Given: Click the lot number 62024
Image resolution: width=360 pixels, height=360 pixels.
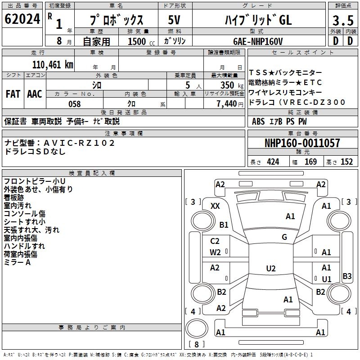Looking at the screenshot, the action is pyautogui.click(x=23, y=19).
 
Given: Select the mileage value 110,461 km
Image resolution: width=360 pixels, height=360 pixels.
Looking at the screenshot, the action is pyautogui.click(x=53, y=64).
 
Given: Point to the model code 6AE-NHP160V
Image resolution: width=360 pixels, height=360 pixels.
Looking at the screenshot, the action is pyautogui.click(x=258, y=41).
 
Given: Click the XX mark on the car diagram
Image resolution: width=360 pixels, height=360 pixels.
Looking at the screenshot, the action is pyautogui.click(x=215, y=206).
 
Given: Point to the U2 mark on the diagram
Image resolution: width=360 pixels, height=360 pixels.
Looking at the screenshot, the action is pyautogui.click(x=270, y=269).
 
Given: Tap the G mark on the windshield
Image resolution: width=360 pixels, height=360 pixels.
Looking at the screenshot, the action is pyautogui.click(x=284, y=237).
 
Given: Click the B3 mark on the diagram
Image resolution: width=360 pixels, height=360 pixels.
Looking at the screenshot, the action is pyautogui.click(x=347, y=276).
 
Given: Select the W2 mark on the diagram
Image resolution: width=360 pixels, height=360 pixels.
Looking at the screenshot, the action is pyautogui.click(x=215, y=252).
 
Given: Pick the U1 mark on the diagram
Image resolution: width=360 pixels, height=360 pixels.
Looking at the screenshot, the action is pyautogui.click(x=326, y=279).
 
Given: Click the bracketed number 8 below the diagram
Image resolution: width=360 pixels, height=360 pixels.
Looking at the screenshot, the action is pyautogui.click(x=197, y=344).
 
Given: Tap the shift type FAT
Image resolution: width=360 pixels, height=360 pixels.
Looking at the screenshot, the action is pyautogui.click(x=13, y=94).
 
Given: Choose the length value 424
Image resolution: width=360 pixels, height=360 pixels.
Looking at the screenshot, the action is pyautogui.click(x=273, y=162).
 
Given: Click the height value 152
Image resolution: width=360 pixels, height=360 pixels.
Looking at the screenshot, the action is pyautogui.click(x=346, y=162).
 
